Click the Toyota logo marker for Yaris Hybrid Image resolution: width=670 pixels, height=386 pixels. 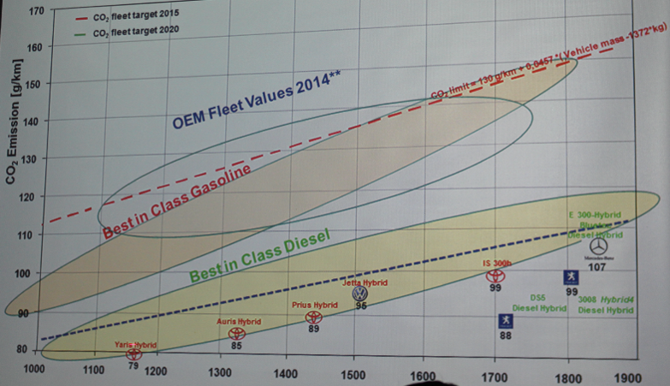pyautogui.click(x=133, y=354)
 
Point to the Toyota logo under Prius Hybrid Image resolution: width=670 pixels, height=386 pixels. pyautogui.click(x=314, y=318)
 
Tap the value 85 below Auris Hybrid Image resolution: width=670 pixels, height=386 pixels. pyautogui.click(x=236, y=346)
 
